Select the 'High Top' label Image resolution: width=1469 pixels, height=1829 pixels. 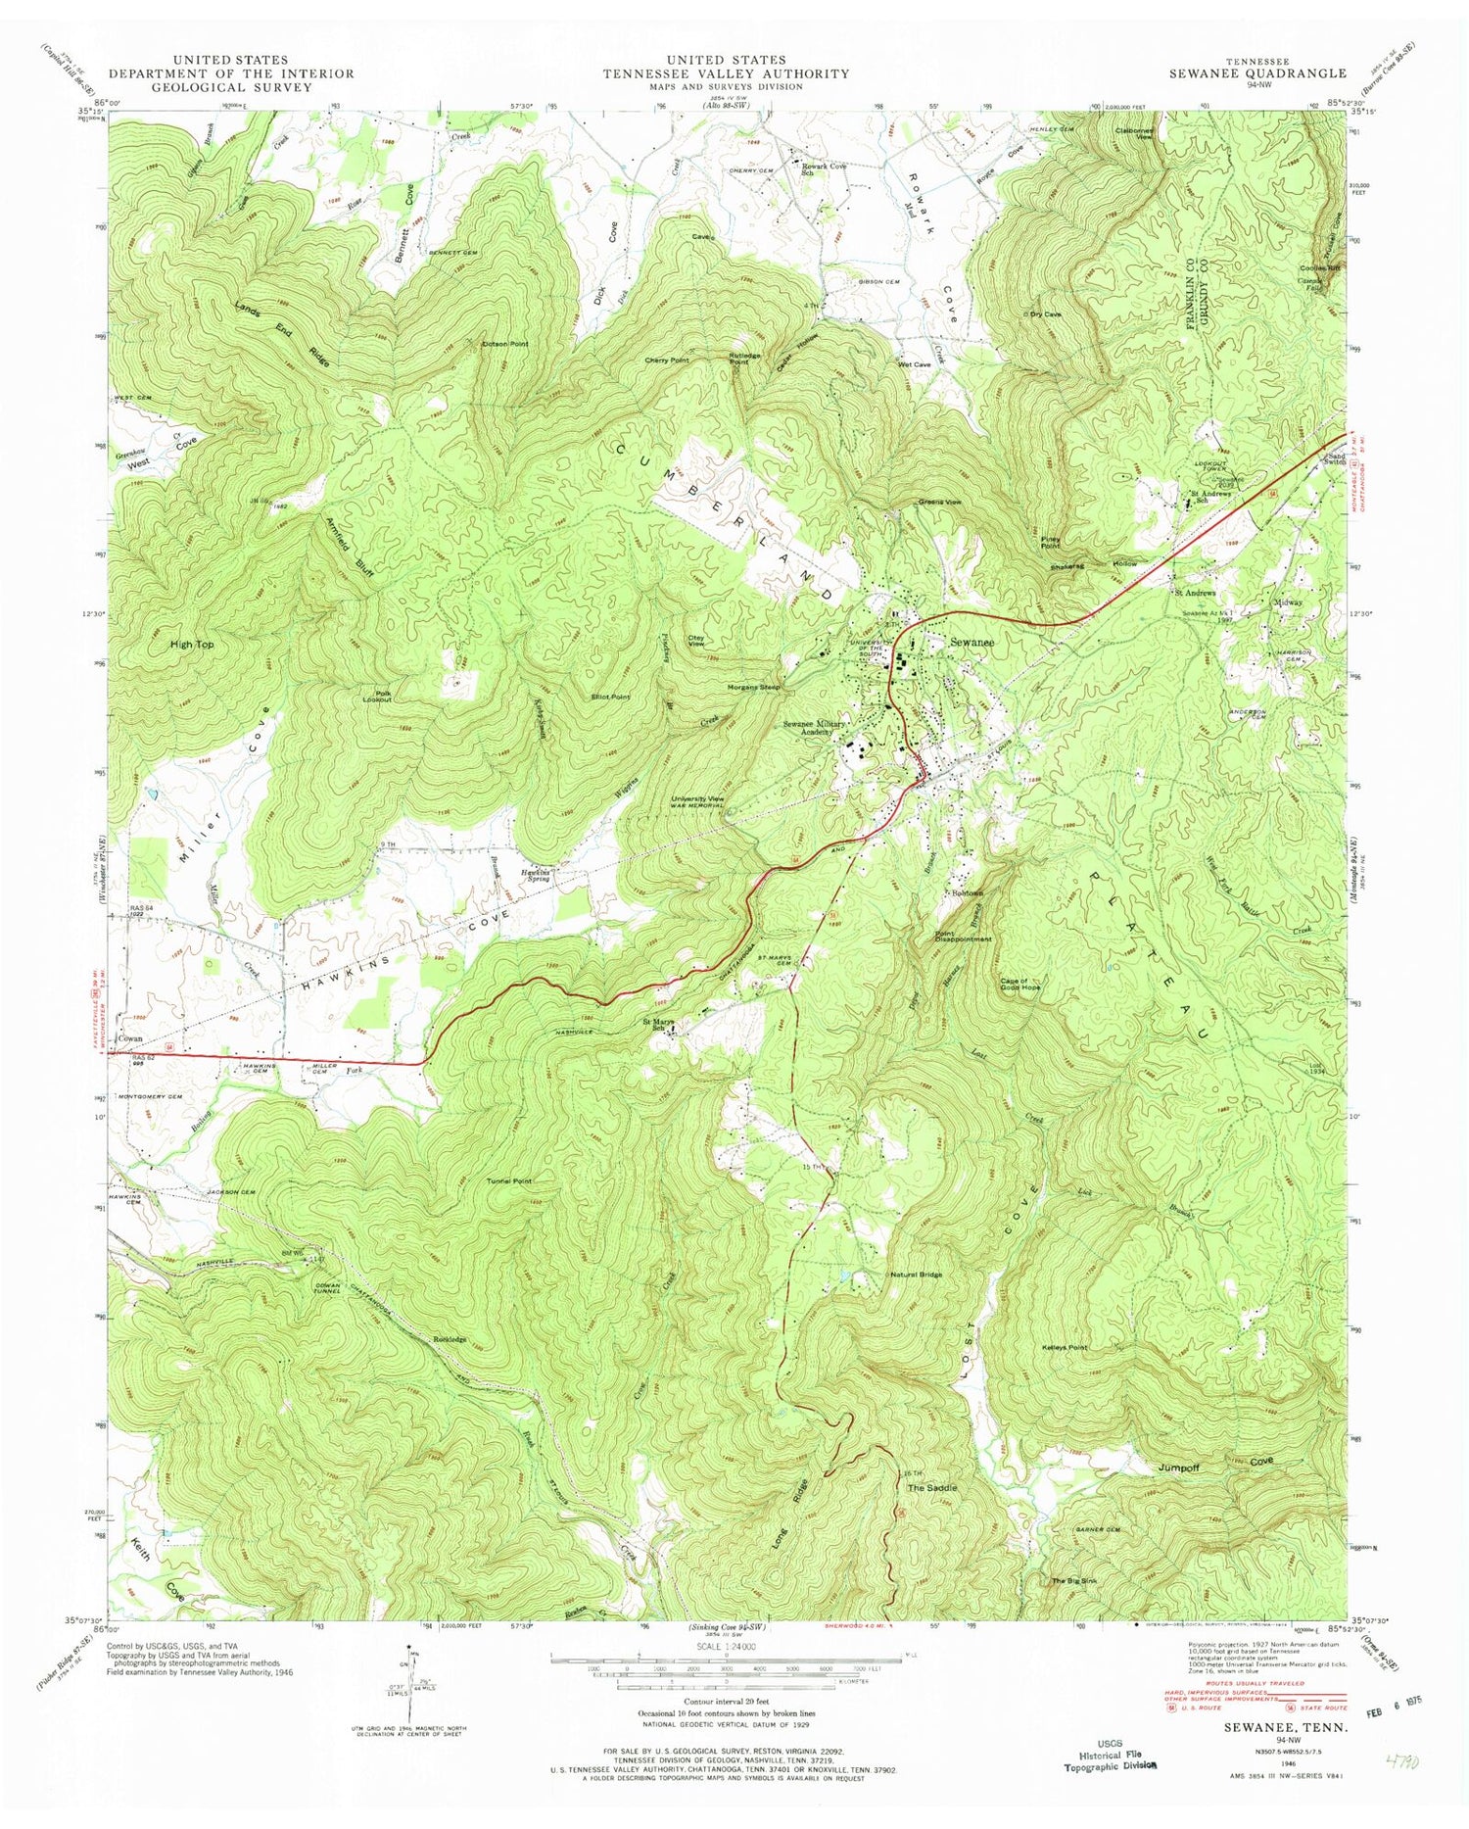point(191,646)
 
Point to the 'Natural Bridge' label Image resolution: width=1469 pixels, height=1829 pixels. point(916,1275)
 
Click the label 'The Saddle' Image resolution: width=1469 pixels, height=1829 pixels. point(931,1487)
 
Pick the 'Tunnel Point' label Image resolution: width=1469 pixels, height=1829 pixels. point(509,1181)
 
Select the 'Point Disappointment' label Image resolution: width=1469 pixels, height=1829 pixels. point(964,935)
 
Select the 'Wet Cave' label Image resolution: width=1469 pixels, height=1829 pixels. point(914,364)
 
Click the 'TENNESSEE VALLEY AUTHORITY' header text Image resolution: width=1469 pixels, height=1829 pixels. point(726,73)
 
